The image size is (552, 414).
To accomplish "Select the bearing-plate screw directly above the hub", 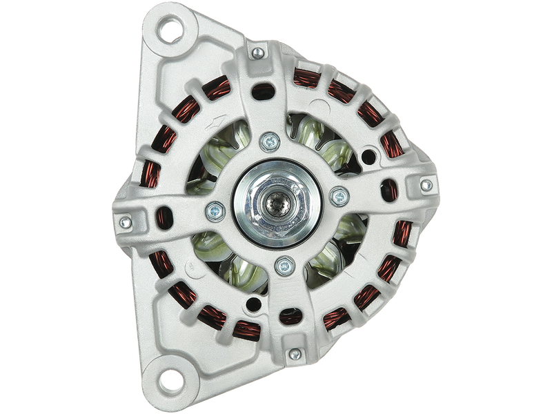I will point(267,143).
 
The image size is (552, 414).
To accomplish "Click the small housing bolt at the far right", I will point(426,184).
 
